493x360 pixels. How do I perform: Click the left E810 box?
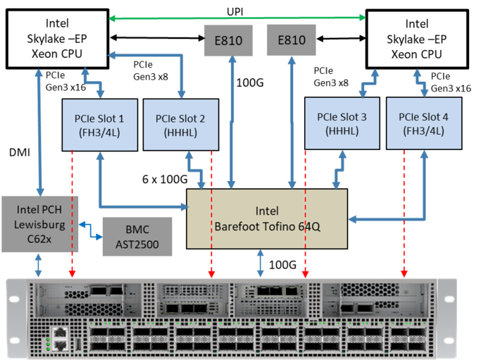(x=227, y=40)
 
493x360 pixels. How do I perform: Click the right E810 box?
(x=291, y=40)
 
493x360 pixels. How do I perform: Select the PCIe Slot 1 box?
(x=99, y=124)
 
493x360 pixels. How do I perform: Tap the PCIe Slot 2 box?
(x=180, y=124)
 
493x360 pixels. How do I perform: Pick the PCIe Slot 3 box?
(x=341, y=123)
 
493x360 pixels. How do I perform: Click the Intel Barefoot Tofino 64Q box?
(x=267, y=218)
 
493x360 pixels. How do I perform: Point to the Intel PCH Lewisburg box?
(x=39, y=224)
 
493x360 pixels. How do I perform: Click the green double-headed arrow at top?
(x=237, y=17)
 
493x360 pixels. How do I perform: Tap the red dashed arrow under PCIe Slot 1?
(x=72, y=211)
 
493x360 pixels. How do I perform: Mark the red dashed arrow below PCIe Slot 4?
(x=404, y=211)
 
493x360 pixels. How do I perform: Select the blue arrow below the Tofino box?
(x=261, y=263)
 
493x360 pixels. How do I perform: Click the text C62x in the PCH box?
(x=39, y=240)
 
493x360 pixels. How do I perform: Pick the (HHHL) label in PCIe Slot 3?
(x=341, y=131)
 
